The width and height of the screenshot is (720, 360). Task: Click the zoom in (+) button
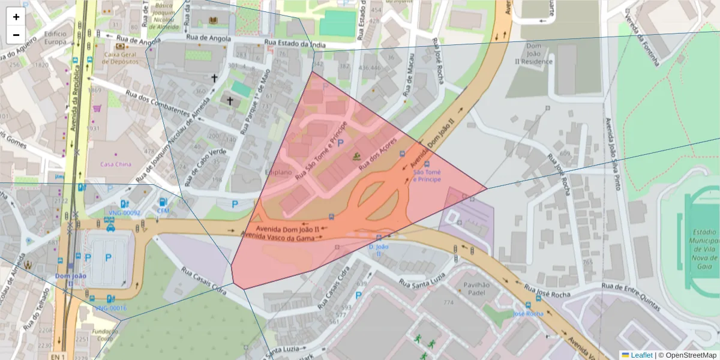[16, 17]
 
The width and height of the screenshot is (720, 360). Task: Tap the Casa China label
[115, 164]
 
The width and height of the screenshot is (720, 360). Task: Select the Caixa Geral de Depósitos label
[121, 58]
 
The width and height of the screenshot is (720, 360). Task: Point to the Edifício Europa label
[55, 38]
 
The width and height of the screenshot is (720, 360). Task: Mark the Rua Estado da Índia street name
[287, 43]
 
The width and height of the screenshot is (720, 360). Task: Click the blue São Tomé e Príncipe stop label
[427, 176]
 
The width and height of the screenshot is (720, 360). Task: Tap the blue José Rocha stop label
[528, 313]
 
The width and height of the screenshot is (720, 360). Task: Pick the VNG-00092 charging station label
[124, 213]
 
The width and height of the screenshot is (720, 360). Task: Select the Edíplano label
[278, 172]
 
